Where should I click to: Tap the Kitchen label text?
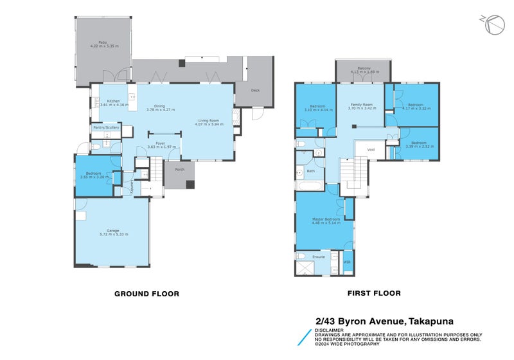tap(114, 101)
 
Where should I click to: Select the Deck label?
tap(255, 90)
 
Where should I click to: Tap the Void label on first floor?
tap(371, 150)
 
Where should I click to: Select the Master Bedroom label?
tap(327, 219)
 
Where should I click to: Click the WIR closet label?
tap(347, 262)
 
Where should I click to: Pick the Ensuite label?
tap(319, 256)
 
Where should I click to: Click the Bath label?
tap(310, 171)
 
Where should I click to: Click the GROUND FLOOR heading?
tap(146, 293)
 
